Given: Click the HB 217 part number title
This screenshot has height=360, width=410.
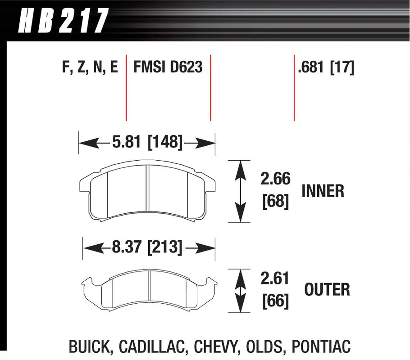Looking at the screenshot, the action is [63, 20].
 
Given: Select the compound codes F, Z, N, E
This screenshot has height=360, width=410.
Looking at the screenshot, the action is [90, 67].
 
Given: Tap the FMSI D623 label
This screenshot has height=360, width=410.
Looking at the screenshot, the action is [168, 67].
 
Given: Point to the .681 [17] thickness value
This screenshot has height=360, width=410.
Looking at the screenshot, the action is [326, 67].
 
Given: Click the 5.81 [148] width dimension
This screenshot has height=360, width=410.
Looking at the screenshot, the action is [147, 142].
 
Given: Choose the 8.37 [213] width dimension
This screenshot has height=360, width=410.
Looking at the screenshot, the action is [147, 247].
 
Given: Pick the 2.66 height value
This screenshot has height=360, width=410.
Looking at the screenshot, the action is [276, 179].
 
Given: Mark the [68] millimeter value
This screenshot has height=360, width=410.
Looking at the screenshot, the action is [276, 202].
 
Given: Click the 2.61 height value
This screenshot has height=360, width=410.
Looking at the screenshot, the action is [275, 278].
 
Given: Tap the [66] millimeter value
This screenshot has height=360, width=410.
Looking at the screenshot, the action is [276, 301].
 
